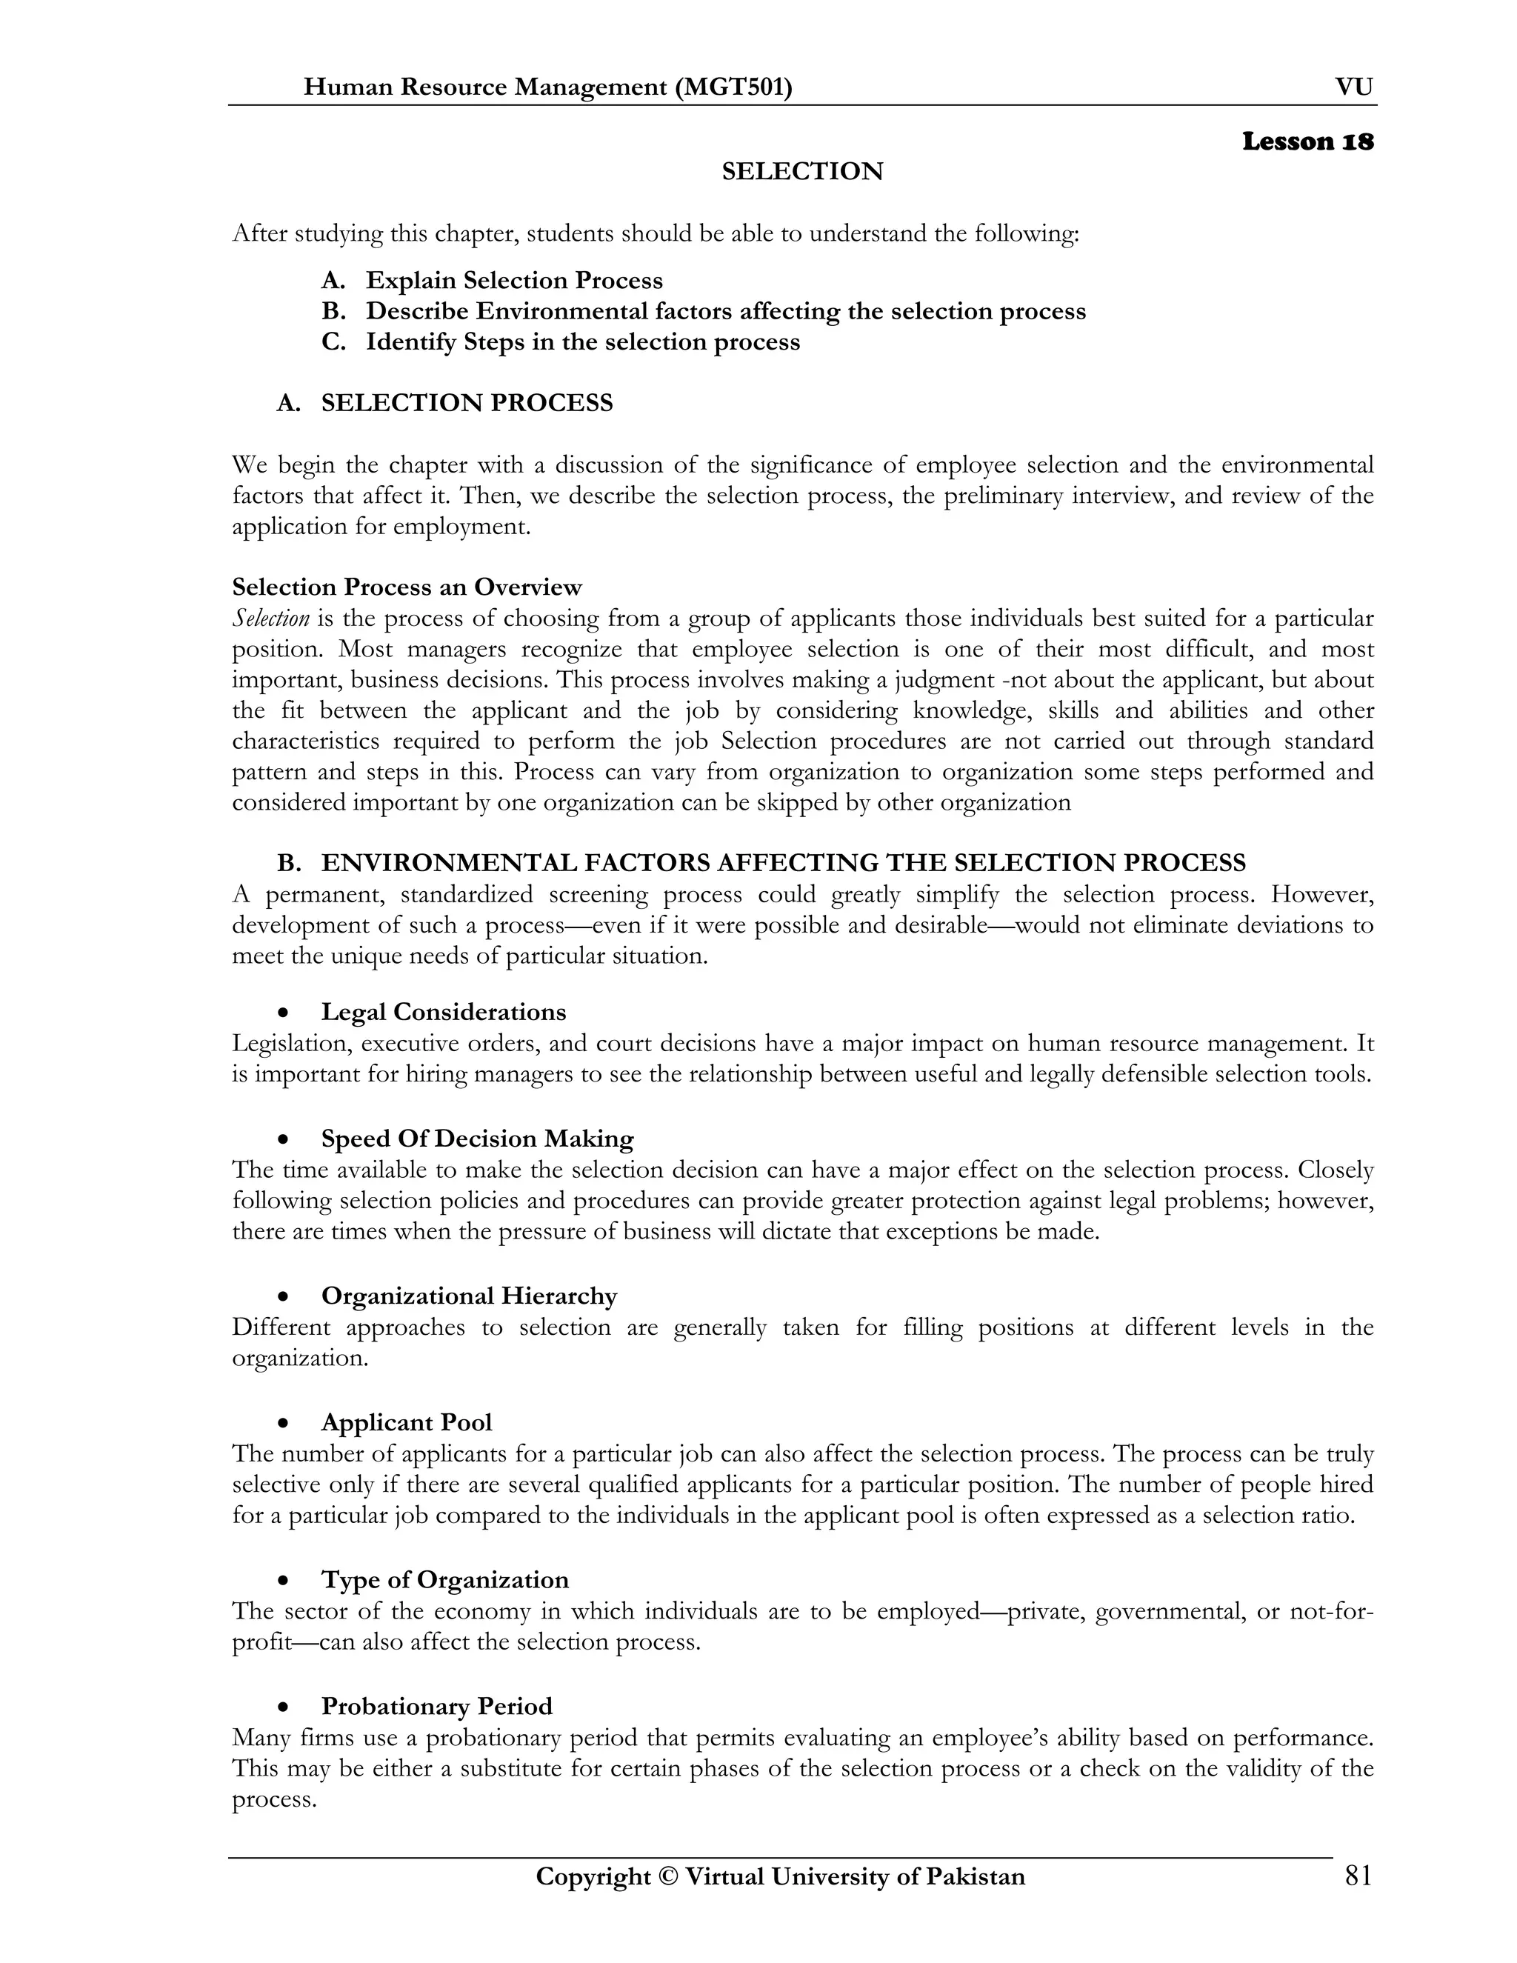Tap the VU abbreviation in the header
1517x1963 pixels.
(x=1353, y=87)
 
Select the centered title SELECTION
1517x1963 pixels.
(x=801, y=172)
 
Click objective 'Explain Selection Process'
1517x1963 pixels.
(x=514, y=281)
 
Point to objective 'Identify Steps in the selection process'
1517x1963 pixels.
(x=582, y=342)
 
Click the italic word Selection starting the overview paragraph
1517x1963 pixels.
(x=270, y=619)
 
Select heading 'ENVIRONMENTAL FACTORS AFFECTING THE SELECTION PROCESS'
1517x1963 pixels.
(x=783, y=863)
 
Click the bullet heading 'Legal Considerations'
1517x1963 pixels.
(x=444, y=1012)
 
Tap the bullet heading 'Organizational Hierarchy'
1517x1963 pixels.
(x=469, y=1296)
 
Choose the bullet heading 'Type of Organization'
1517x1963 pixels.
(x=445, y=1580)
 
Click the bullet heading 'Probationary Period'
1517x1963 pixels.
(x=437, y=1706)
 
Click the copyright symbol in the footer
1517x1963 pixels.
(x=667, y=1878)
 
